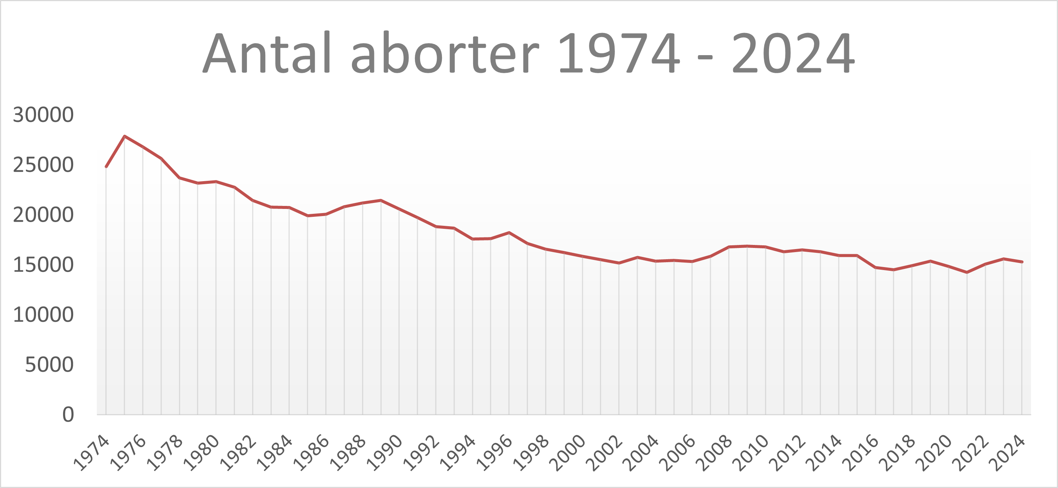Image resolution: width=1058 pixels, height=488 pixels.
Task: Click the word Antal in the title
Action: (267, 53)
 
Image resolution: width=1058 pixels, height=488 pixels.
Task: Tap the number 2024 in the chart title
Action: (793, 53)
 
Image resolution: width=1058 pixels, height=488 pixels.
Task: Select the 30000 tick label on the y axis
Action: (43, 115)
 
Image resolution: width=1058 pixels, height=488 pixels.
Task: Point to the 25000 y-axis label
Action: (43, 165)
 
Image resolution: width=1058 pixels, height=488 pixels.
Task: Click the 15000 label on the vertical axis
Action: (43, 264)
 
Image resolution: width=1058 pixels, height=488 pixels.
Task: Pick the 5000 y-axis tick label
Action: (49, 364)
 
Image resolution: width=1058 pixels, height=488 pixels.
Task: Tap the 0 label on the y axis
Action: (68, 414)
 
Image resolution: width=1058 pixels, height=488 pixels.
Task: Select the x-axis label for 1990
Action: (385, 452)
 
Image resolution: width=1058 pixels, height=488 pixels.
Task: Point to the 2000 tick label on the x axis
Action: (568, 452)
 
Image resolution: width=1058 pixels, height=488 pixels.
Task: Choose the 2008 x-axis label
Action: (715, 452)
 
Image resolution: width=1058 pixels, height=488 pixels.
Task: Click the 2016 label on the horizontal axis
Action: (861, 452)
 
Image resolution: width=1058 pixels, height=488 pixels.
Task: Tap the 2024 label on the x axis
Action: (1008, 452)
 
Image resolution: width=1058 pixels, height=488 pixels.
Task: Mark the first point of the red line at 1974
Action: (106, 167)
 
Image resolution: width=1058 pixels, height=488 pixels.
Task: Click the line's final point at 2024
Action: (1022, 262)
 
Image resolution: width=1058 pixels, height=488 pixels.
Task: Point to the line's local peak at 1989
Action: (381, 200)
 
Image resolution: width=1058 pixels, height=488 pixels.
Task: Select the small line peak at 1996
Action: (509, 233)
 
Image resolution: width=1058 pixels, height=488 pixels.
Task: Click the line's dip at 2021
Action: (967, 272)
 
